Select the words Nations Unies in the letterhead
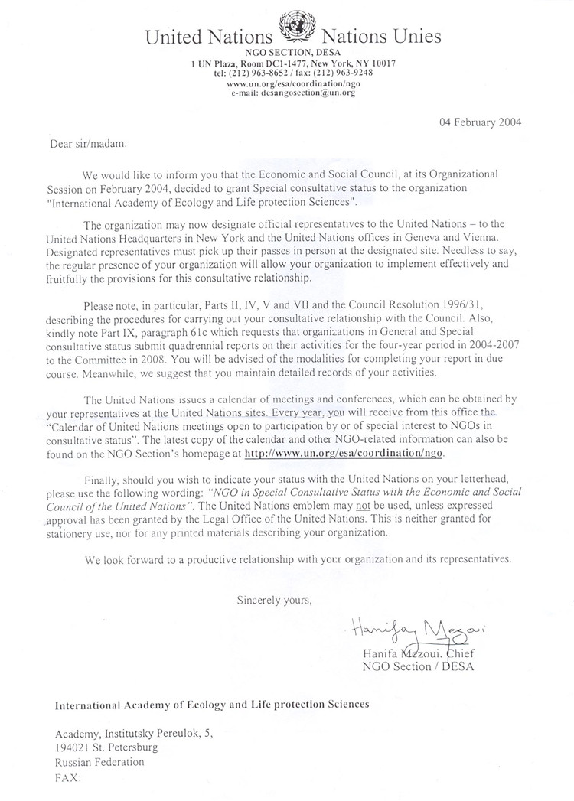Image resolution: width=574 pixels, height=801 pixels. pos(377,36)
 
